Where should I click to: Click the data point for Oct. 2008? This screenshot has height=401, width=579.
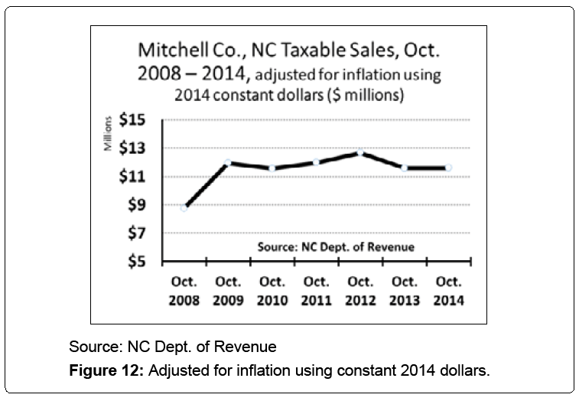coord(184,207)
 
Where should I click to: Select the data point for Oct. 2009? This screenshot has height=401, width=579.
coord(227,162)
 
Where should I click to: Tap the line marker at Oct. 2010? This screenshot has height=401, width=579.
coord(272,168)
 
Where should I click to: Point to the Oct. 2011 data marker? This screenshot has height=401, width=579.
coord(315,161)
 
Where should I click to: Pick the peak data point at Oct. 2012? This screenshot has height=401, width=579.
coord(359,153)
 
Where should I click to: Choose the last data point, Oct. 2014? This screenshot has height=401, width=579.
coord(447,168)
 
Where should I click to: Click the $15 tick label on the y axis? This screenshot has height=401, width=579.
coord(136,120)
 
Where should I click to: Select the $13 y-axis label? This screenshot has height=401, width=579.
coord(136,148)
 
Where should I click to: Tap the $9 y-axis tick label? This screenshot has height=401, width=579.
coord(139,205)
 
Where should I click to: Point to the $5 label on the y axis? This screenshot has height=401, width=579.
coord(139,262)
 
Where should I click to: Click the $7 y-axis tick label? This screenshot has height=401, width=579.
coord(139,234)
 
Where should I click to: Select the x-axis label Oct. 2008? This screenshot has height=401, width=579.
coord(184,291)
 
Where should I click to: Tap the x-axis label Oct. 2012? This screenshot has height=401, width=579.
coord(359,291)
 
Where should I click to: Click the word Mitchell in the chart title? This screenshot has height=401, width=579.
coord(166,52)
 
